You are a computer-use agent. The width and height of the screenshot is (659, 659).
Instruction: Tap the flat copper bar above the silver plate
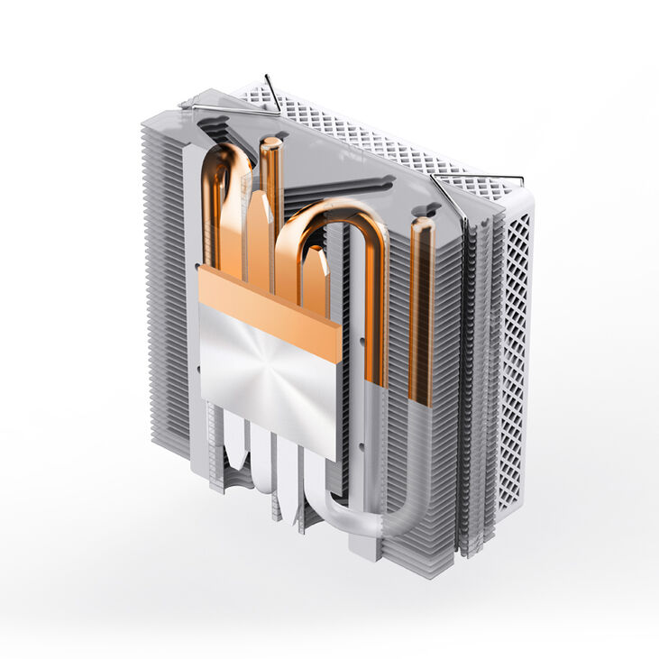(270, 303)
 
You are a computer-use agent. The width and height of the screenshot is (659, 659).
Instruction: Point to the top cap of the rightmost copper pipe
(422, 222)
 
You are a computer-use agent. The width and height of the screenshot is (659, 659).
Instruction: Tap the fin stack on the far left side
(162, 297)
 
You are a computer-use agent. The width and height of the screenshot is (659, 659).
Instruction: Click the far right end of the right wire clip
(521, 178)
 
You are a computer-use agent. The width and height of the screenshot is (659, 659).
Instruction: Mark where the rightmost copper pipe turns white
(419, 402)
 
